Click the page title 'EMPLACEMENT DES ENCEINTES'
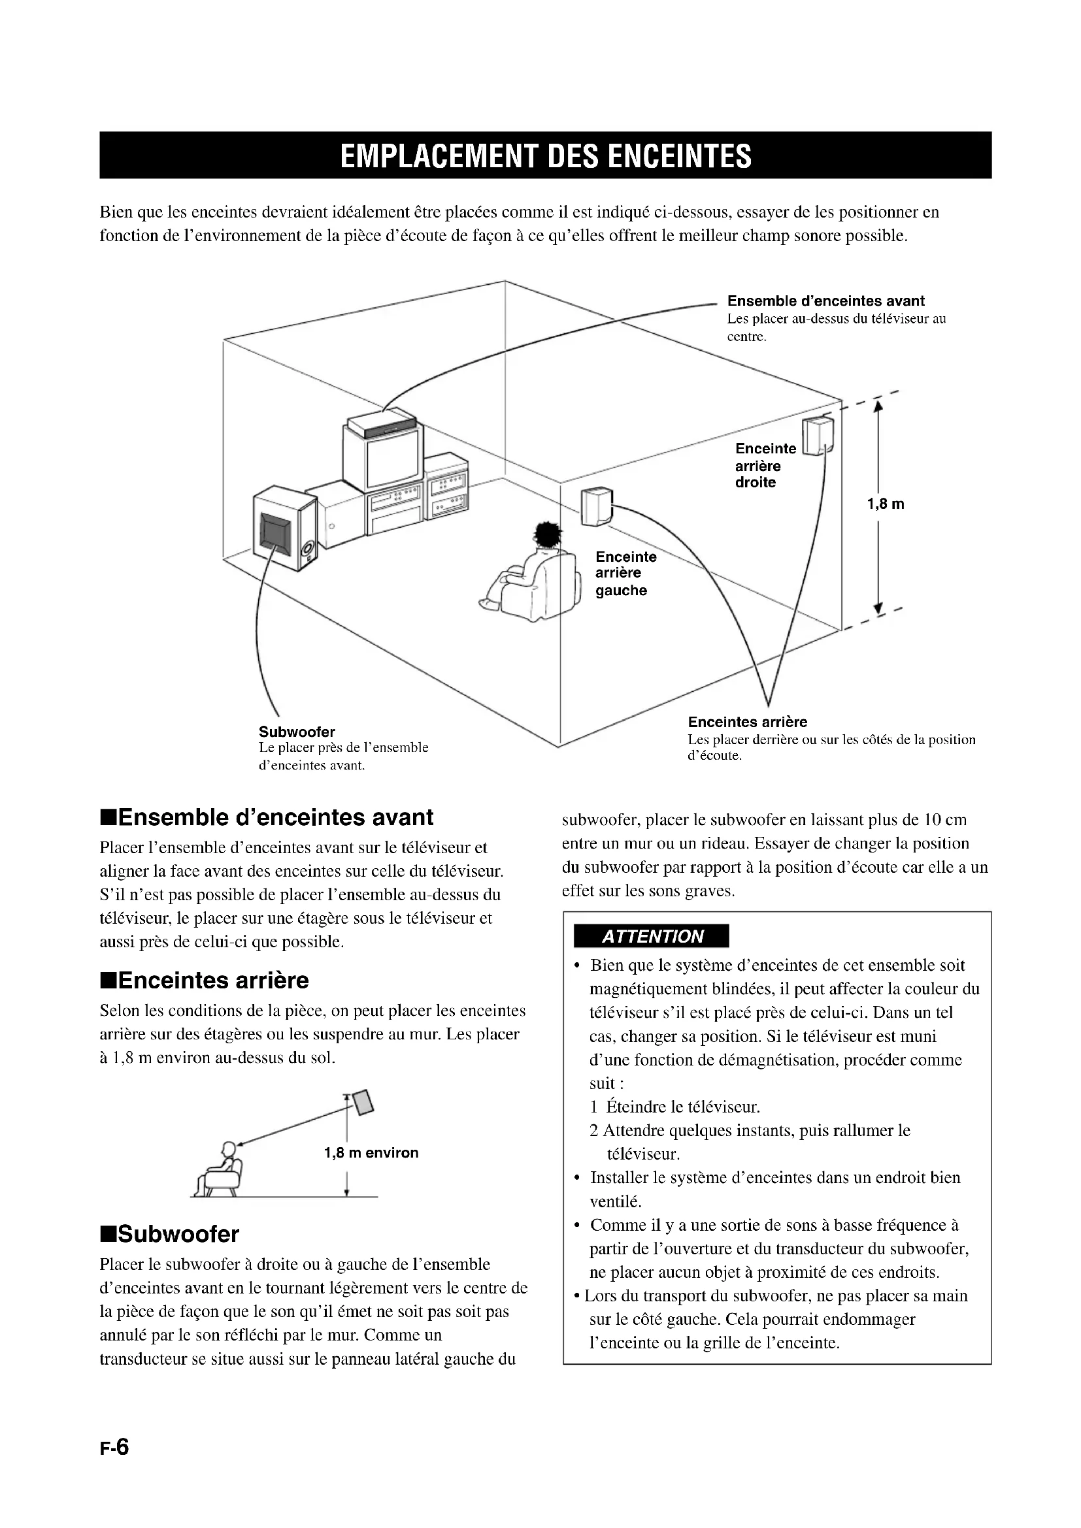[x=545, y=155]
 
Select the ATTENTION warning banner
[x=651, y=936]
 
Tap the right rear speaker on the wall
[x=817, y=434]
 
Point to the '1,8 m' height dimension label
[x=886, y=504]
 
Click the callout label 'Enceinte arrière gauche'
[x=625, y=573]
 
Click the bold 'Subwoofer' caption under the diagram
[x=297, y=732]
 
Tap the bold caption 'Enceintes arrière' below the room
[x=748, y=722]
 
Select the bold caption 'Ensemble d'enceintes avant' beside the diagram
[x=825, y=301]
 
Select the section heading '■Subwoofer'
[x=169, y=1235]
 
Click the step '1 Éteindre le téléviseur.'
[x=675, y=1107]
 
